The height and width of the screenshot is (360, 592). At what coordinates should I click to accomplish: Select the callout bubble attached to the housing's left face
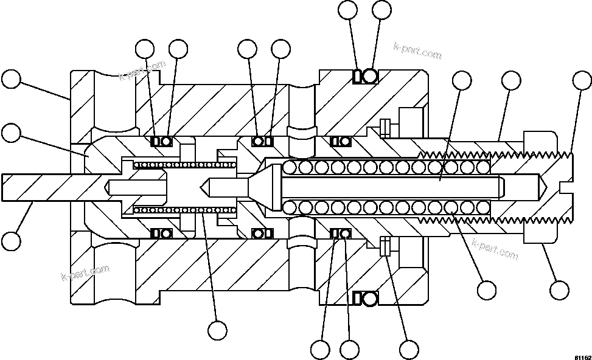(12, 80)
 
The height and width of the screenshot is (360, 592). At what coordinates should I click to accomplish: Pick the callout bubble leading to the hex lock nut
(559, 289)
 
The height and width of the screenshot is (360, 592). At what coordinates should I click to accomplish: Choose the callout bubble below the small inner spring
(217, 330)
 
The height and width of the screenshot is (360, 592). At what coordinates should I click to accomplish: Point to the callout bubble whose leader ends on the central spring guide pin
(462, 81)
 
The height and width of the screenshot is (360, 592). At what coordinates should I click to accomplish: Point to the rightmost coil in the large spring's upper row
(483, 167)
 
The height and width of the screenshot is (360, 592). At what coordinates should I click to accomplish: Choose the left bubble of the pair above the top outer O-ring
(349, 10)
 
